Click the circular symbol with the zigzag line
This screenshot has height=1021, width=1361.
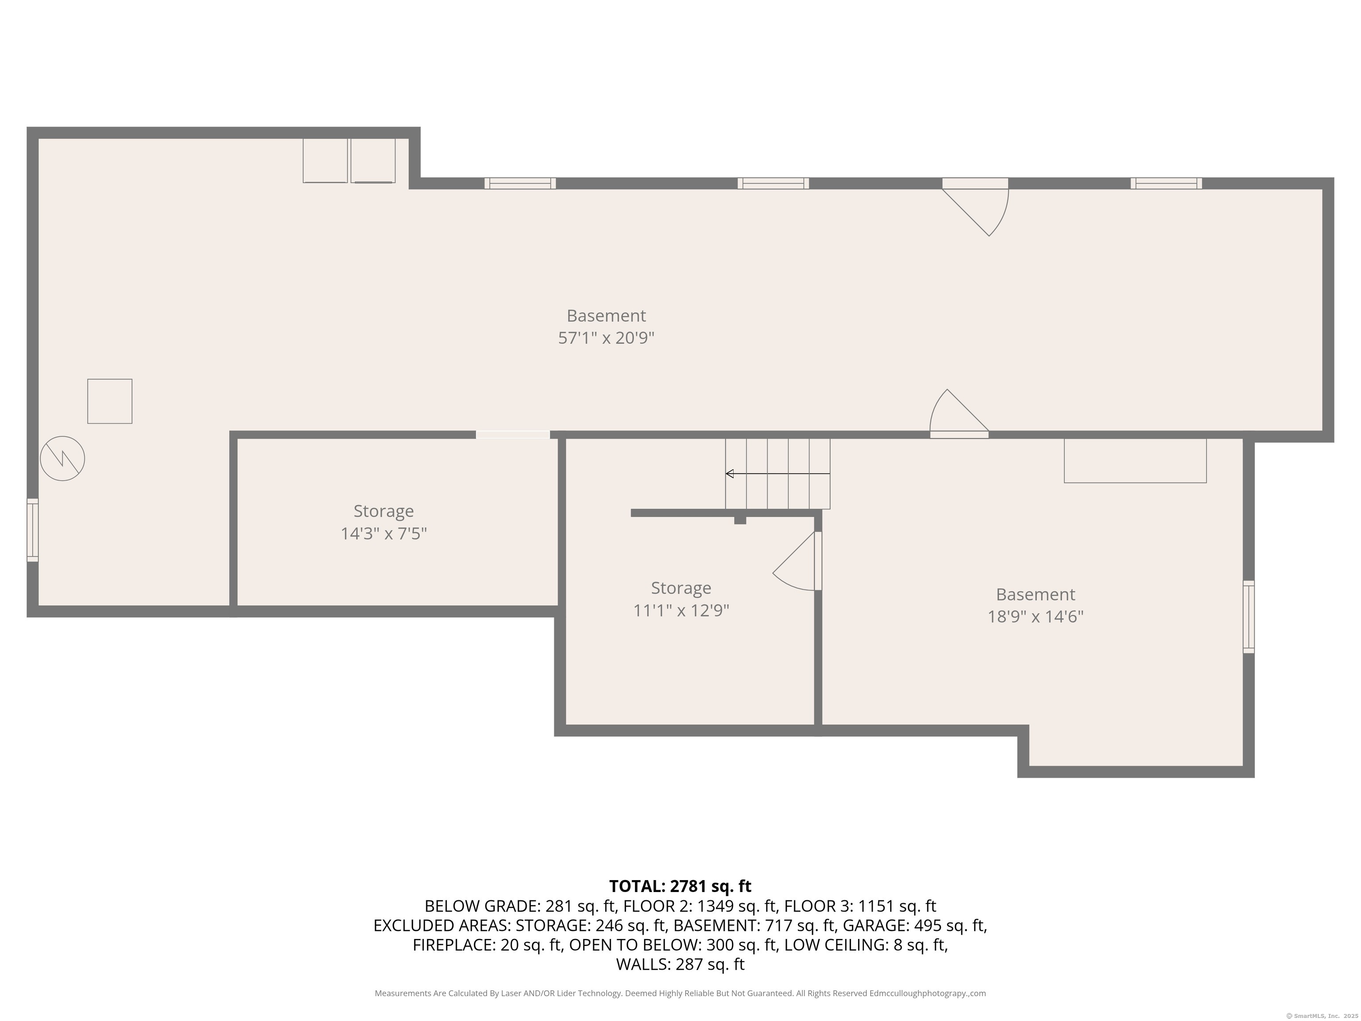pyautogui.click(x=62, y=459)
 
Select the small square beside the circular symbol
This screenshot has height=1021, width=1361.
pyautogui.click(x=109, y=401)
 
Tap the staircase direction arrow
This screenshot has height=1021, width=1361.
pyautogui.click(x=778, y=473)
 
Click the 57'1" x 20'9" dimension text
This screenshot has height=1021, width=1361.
pyautogui.click(x=606, y=338)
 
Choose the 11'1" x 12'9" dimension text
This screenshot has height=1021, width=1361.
pyautogui.click(x=681, y=611)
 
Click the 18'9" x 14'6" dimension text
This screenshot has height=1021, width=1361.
pyautogui.click(x=1035, y=617)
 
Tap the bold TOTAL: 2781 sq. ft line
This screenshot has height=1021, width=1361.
pyautogui.click(x=680, y=886)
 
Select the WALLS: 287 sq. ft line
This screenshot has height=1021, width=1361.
pyautogui.click(x=680, y=964)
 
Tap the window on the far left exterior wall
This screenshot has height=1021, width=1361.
pyautogui.click(x=33, y=530)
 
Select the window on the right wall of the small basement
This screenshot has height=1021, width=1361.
pyautogui.click(x=1248, y=617)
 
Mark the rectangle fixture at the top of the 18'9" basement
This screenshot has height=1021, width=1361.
pyautogui.click(x=1135, y=460)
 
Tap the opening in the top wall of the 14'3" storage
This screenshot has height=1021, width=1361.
pyautogui.click(x=513, y=434)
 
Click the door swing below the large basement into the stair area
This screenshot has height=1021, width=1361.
pyautogui.click(x=959, y=413)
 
